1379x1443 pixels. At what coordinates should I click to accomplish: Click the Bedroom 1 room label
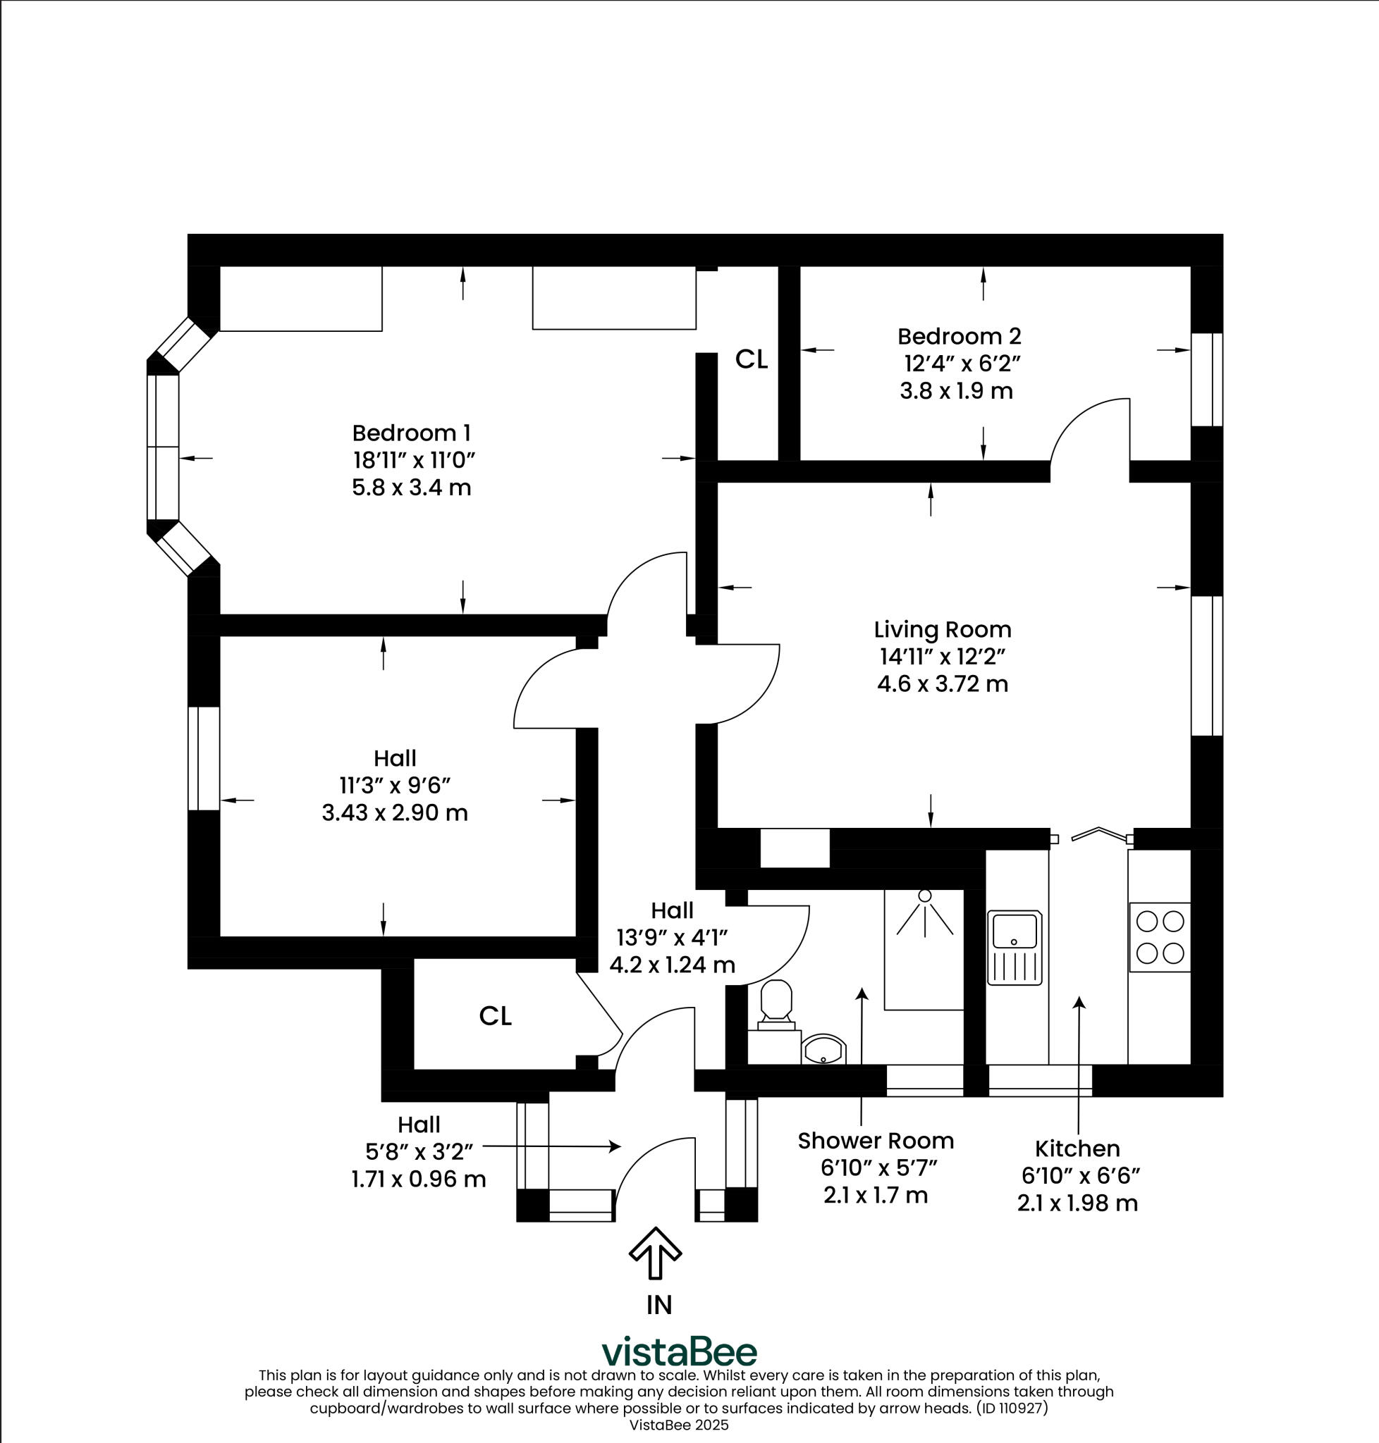411,433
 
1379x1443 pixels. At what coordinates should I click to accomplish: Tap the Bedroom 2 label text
959,337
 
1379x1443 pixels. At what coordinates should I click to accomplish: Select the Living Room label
943,630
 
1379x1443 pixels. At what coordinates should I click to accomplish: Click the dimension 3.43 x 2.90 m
395,812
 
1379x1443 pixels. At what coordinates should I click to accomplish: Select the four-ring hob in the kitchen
1159,937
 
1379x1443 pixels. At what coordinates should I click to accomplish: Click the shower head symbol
925,896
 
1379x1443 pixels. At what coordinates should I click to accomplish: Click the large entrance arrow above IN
656,1253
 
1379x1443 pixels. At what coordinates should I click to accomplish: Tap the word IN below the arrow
658,1305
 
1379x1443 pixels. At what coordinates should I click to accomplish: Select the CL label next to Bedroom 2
752,359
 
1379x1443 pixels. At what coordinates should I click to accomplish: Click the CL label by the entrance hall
495,1016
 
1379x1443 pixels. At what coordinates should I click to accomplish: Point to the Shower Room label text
876,1141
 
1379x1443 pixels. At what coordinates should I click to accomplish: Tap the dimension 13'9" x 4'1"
672,938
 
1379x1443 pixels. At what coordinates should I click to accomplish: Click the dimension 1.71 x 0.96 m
418,1179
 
